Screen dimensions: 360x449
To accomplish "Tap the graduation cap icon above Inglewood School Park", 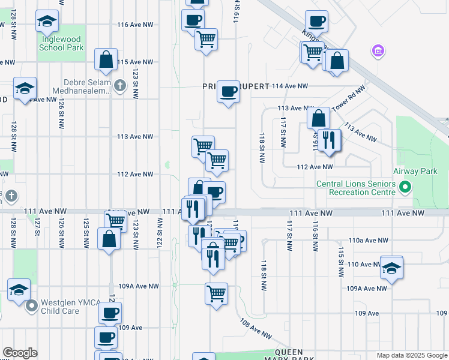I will [x=47, y=22].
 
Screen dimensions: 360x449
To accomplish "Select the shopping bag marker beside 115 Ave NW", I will [x=106, y=60].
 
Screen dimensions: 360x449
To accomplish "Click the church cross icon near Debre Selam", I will [x=119, y=85].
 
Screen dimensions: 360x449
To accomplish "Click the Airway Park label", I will [x=420, y=171].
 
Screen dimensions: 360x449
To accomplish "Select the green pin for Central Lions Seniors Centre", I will [x=405, y=188].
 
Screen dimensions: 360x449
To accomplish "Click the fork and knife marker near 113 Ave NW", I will [x=328, y=140].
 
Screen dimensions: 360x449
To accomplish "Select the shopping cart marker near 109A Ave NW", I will [x=216, y=294].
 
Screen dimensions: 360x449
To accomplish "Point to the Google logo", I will [x=20, y=353].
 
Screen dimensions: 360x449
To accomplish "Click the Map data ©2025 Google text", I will [x=412, y=355].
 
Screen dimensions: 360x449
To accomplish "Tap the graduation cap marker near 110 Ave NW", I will [x=391, y=268].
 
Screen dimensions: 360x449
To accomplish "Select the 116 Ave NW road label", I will [x=137, y=25].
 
